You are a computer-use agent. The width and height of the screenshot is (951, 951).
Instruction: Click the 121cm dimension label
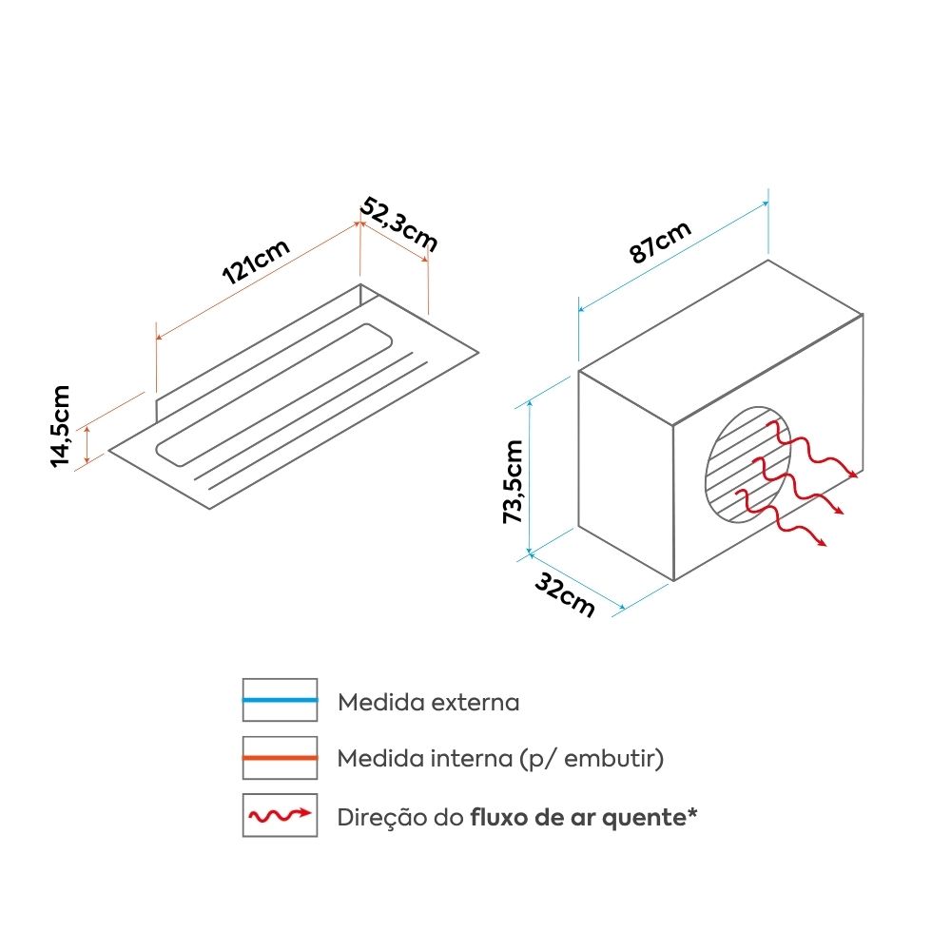pos(256,262)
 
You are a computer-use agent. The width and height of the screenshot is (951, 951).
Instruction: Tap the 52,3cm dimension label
pos(398,223)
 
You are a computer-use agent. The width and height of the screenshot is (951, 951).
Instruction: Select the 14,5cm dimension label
pos(60,426)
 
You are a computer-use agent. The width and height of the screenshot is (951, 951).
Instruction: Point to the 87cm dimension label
pos(660,242)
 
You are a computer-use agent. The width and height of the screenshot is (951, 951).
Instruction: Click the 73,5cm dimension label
pos(513,481)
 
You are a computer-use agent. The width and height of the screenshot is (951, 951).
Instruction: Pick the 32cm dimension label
pos(565,595)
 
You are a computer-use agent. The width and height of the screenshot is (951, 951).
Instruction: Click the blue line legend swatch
pos(280,700)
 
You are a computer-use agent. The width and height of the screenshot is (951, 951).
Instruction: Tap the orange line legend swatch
pos(280,758)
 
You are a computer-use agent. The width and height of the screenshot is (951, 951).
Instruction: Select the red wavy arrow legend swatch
pos(280,815)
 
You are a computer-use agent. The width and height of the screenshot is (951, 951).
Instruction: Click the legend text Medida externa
pos(428,703)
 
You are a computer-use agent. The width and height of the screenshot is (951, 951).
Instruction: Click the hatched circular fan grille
pos(748,465)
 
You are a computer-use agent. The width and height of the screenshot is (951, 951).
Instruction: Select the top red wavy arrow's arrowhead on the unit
pos(853,474)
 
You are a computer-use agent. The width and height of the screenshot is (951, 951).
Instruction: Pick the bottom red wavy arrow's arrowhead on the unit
pos(821,542)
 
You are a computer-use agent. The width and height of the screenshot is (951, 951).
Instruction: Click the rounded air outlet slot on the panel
pos(274,395)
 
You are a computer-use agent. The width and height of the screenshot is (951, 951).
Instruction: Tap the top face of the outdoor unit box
pos(721,342)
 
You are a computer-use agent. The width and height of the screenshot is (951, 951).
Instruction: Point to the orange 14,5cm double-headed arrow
pos(87,444)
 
